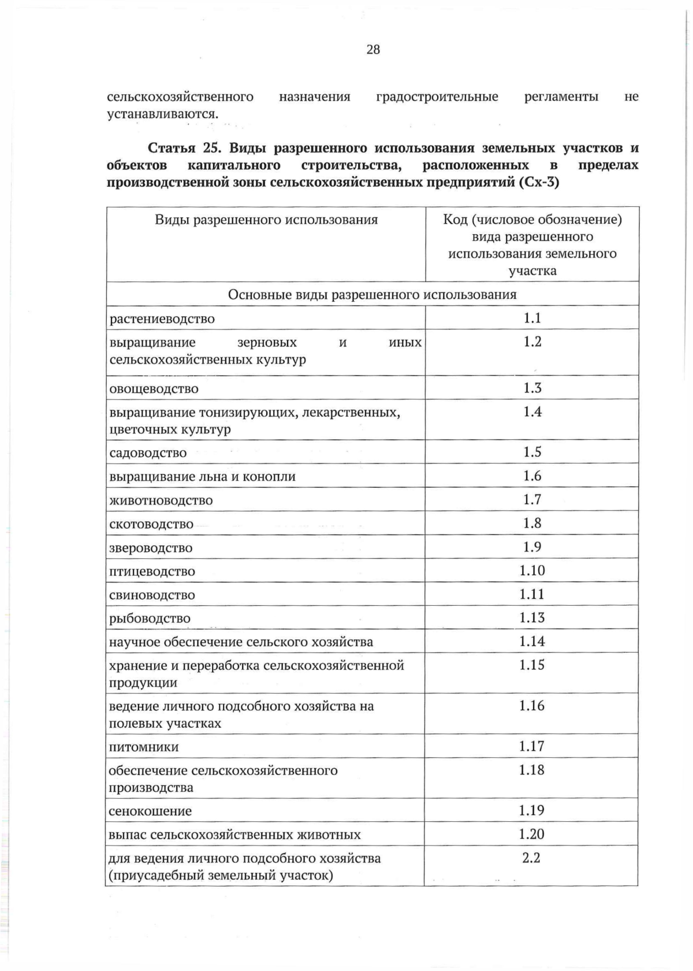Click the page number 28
tap(373, 50)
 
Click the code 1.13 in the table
tap(532, 618)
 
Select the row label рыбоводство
tap(150, 618)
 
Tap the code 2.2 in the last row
tap(531, 858)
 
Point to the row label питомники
tap(144, 747)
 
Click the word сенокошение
tap(150, 811)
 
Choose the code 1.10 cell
tap(532, 570)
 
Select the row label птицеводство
tap(152, 572)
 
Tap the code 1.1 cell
tap(532, 318)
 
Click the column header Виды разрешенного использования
tap(266, 220)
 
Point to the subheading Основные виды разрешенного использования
tap(372, 295)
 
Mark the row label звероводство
tap(151, 548)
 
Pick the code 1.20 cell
tap(532, 834)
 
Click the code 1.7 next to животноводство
tap(532, 499)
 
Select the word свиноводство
tap(152, 595)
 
